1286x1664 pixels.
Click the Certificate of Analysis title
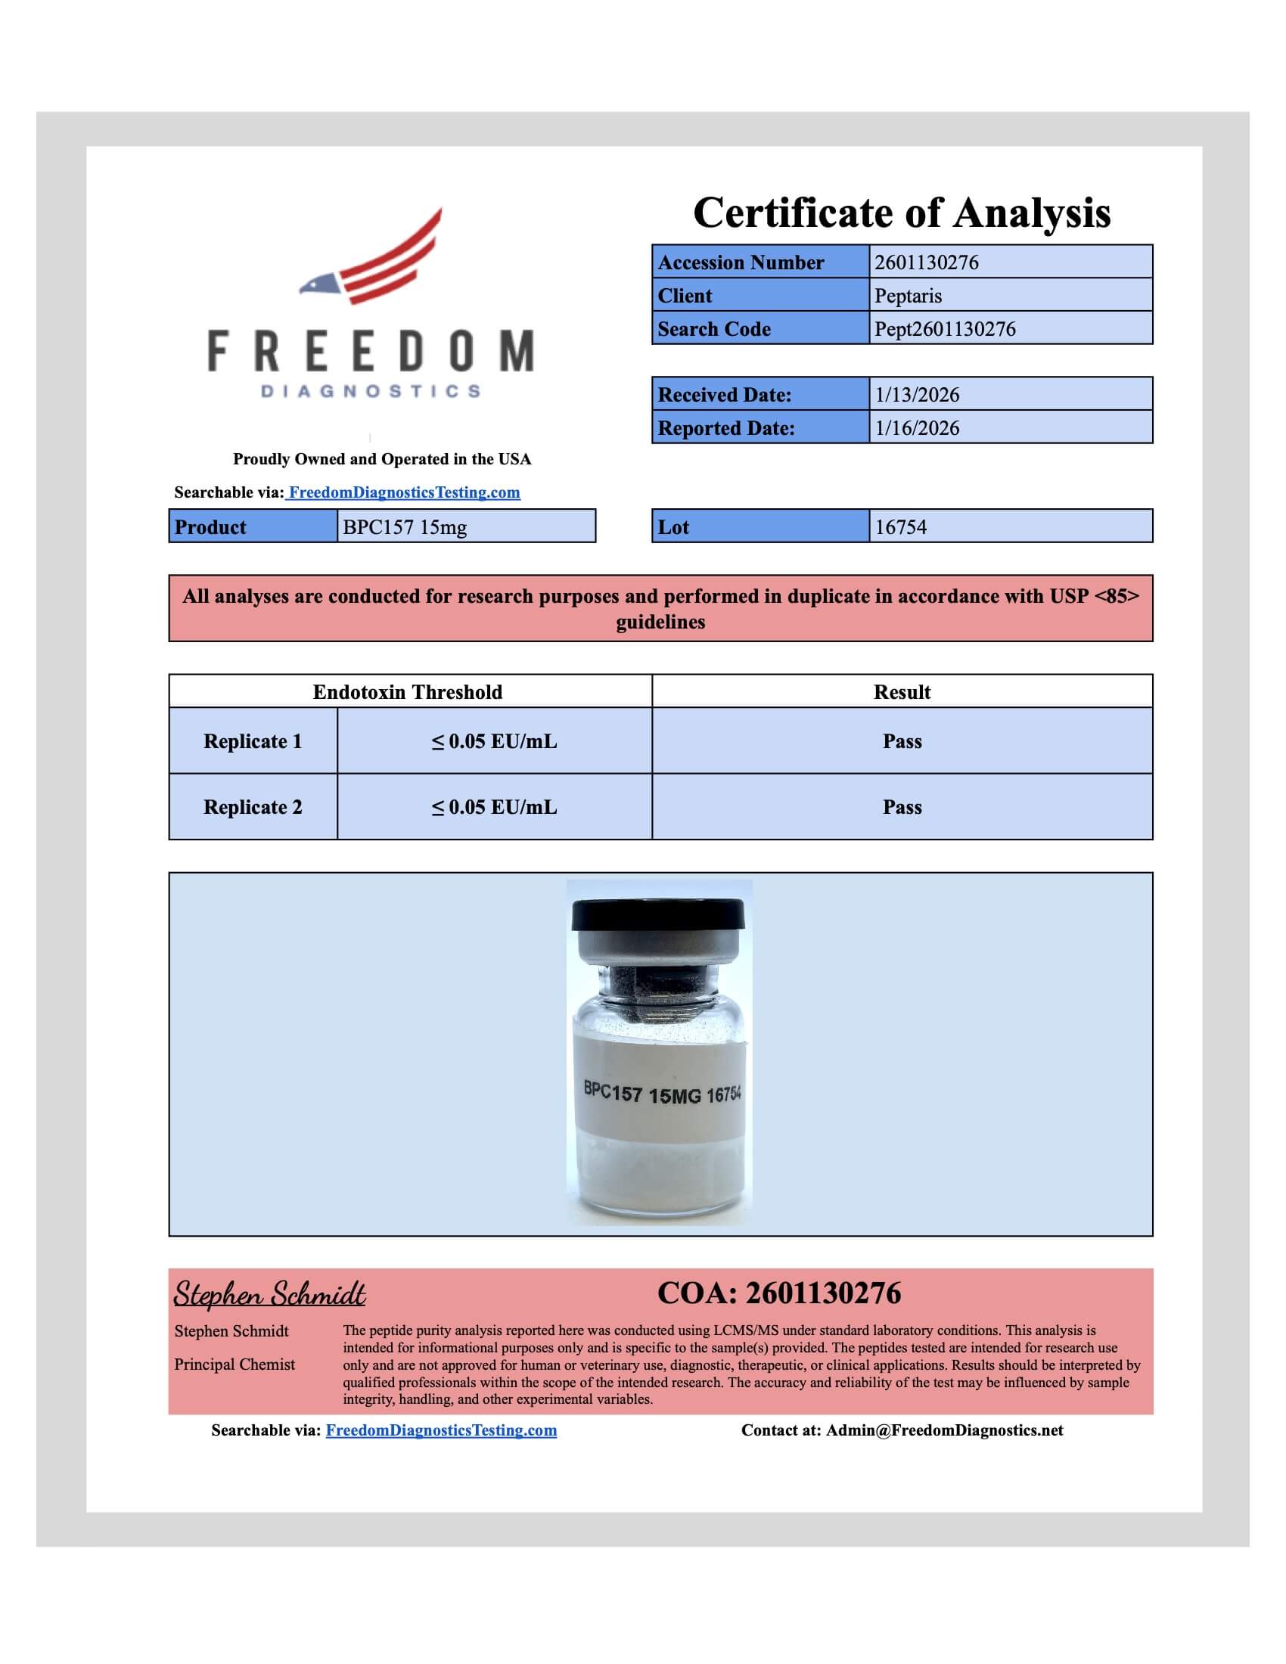[x=901, y=213]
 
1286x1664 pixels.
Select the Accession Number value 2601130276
[x=927, y=262]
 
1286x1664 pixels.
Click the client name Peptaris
[x=908, y=296]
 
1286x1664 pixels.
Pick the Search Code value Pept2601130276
[x=945, y=329]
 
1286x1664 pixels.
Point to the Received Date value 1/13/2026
[x=918, y=395]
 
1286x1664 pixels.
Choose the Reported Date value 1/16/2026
[x=918, y=428]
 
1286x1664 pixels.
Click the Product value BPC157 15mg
[x=405, y=527]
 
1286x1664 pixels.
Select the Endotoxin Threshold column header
[x=408, y=692]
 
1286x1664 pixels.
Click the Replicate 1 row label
[x=252, y=741]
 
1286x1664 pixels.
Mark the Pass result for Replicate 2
[x=902, y=807]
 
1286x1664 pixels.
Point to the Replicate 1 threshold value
[x=495, y=741]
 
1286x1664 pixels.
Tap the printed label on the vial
[x=661, y=1094]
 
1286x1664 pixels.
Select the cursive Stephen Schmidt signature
[x=269, y=1294]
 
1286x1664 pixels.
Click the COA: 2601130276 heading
[x=778, y=1293]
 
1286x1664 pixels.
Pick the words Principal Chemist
[x=235, y=1364]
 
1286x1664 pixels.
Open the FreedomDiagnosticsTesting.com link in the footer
[x=441, y=1430]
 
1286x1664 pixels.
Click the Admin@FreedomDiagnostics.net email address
[x=944, y=1430]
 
